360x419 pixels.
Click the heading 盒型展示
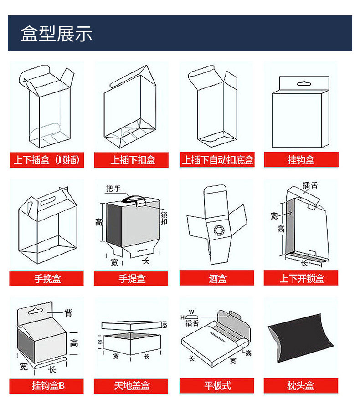pos(56,34)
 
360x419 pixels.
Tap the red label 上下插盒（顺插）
pos(47,160)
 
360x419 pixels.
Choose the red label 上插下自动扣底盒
pos(217,160)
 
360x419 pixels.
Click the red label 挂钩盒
pos(301,160)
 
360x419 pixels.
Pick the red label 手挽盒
pos(47,278)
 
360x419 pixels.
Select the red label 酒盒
pos(217,278)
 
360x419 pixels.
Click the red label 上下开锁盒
pos(301,278)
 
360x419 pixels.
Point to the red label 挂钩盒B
pos(47,386)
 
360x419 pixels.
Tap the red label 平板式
pos(217,386)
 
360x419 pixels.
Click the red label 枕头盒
pos(301,386)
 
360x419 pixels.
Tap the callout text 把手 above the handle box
pos(113,189)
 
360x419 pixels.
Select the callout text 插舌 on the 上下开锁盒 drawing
pos(310,186)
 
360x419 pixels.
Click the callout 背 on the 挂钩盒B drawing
pos(68,312)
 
